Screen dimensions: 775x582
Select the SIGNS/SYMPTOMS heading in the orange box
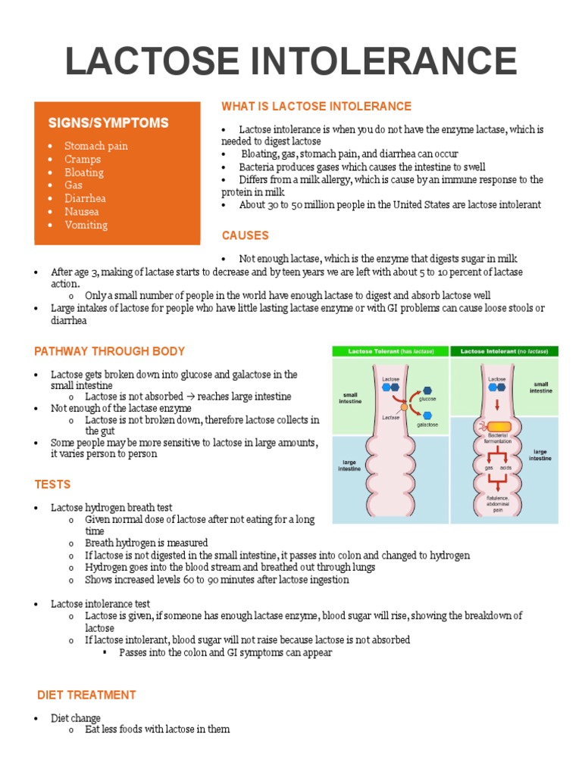108,123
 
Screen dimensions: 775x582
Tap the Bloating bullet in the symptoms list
84,172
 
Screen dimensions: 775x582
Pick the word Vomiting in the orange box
86,225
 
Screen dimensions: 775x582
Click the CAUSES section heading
245,235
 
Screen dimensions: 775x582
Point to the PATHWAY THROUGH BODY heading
110,351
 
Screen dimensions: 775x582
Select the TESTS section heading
53,484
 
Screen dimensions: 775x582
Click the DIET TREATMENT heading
87,695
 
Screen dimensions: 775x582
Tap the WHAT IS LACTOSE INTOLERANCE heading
316,106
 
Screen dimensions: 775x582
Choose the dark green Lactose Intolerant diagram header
504,352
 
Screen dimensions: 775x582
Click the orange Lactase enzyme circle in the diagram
405,407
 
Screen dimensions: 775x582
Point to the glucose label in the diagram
427,398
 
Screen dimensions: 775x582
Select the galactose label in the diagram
427,426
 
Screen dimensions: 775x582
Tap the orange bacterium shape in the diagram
497,428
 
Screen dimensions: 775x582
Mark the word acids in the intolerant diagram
505,468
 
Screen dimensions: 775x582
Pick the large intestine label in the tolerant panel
349,465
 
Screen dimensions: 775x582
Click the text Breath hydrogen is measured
146,543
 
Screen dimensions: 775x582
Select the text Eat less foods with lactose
157,730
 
